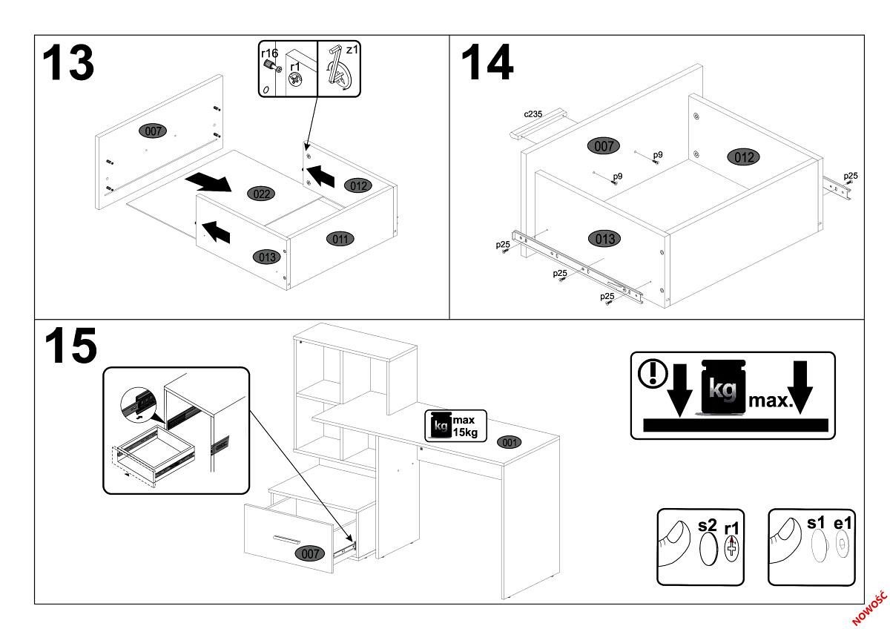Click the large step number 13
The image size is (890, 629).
click(x=68, y=62)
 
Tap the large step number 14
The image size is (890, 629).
click(x=487, y=62)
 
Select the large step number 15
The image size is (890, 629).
click(x=70, y=346)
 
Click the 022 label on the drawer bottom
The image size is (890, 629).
click(x=260, y=194)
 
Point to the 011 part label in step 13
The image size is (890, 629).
click(x=341, y=238)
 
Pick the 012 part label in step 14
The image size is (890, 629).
click(x=744, y=157)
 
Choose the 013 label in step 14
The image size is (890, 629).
click(x=604, y=239)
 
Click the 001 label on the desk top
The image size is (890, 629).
click(x=508, y=442)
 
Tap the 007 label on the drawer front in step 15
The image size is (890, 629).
click(x=309, y=553)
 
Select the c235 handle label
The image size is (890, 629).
click(x=533, y=114)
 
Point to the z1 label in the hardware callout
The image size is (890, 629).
click(x=352, y=50)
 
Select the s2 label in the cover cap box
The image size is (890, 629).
click(x=708, y=526)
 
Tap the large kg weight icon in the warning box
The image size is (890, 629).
click(x=723, y=387)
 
